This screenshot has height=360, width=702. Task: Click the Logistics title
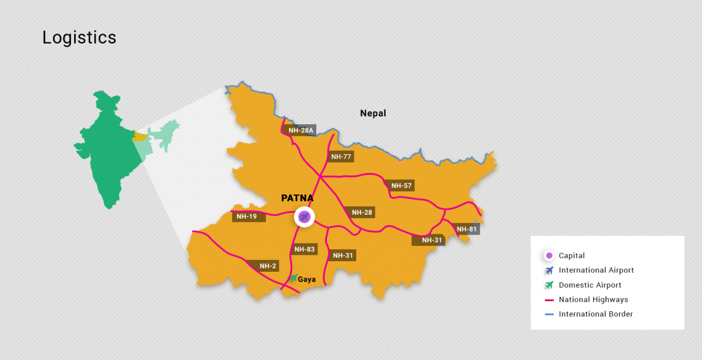(79, 38)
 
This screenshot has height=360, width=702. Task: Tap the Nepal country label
(373, 113)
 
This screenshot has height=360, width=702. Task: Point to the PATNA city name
(297, 198)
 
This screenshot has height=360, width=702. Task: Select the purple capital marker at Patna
(304, 217)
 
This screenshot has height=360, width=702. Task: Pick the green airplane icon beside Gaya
(293, 278)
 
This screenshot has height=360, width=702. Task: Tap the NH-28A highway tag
(300, 130)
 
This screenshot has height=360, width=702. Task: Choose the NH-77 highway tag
(341, 156)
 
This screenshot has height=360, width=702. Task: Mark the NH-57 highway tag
(402, 186)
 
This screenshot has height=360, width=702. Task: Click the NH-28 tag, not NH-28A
(362, 212)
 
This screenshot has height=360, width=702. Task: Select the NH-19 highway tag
(246, 216)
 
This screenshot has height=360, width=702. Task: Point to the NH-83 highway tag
(305, 249)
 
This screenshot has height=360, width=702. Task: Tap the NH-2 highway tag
(268, 266)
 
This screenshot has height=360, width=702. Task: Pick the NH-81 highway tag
(467, 229)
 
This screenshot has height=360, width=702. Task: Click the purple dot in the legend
(549, 255)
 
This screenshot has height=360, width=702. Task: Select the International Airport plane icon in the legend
(549, 271)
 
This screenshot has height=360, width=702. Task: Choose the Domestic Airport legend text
(590, 285)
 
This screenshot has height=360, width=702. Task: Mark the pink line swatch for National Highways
(549, 300)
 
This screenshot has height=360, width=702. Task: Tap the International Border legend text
(596, 314)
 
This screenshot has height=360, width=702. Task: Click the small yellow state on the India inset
(141, 136)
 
